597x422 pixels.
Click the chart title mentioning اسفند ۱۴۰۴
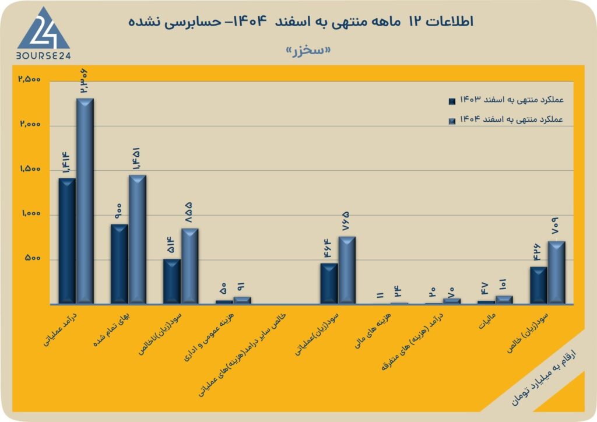click(301, 22)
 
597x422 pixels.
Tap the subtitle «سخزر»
click(308, 50)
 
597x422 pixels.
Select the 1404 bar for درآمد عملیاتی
click(85, 201)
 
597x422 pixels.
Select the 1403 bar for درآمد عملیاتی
click(67, 241)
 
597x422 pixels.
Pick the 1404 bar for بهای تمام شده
click(138, 240)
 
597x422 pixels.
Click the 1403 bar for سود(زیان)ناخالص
click(172, 281)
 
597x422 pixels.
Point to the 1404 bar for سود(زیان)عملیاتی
click(347, 270)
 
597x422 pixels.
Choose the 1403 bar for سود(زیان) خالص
click(538, 286)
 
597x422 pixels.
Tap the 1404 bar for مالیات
click(504, 300)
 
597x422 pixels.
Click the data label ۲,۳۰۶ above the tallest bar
click(84, 80)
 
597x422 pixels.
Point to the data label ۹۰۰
click(118, 211)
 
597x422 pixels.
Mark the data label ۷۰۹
click(555, 226)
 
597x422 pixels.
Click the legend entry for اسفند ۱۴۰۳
click(507, 100)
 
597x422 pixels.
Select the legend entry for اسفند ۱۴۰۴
click(507, 120)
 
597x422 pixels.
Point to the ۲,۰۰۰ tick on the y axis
click(30, 124)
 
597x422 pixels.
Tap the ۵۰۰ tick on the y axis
click(33, 258)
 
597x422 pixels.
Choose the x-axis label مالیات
click(487, 321)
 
